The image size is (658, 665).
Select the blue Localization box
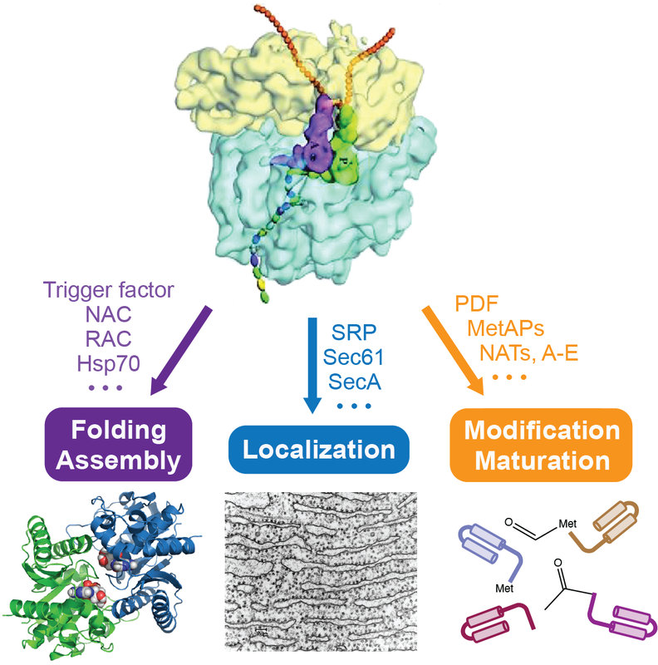tap(318, 450)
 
